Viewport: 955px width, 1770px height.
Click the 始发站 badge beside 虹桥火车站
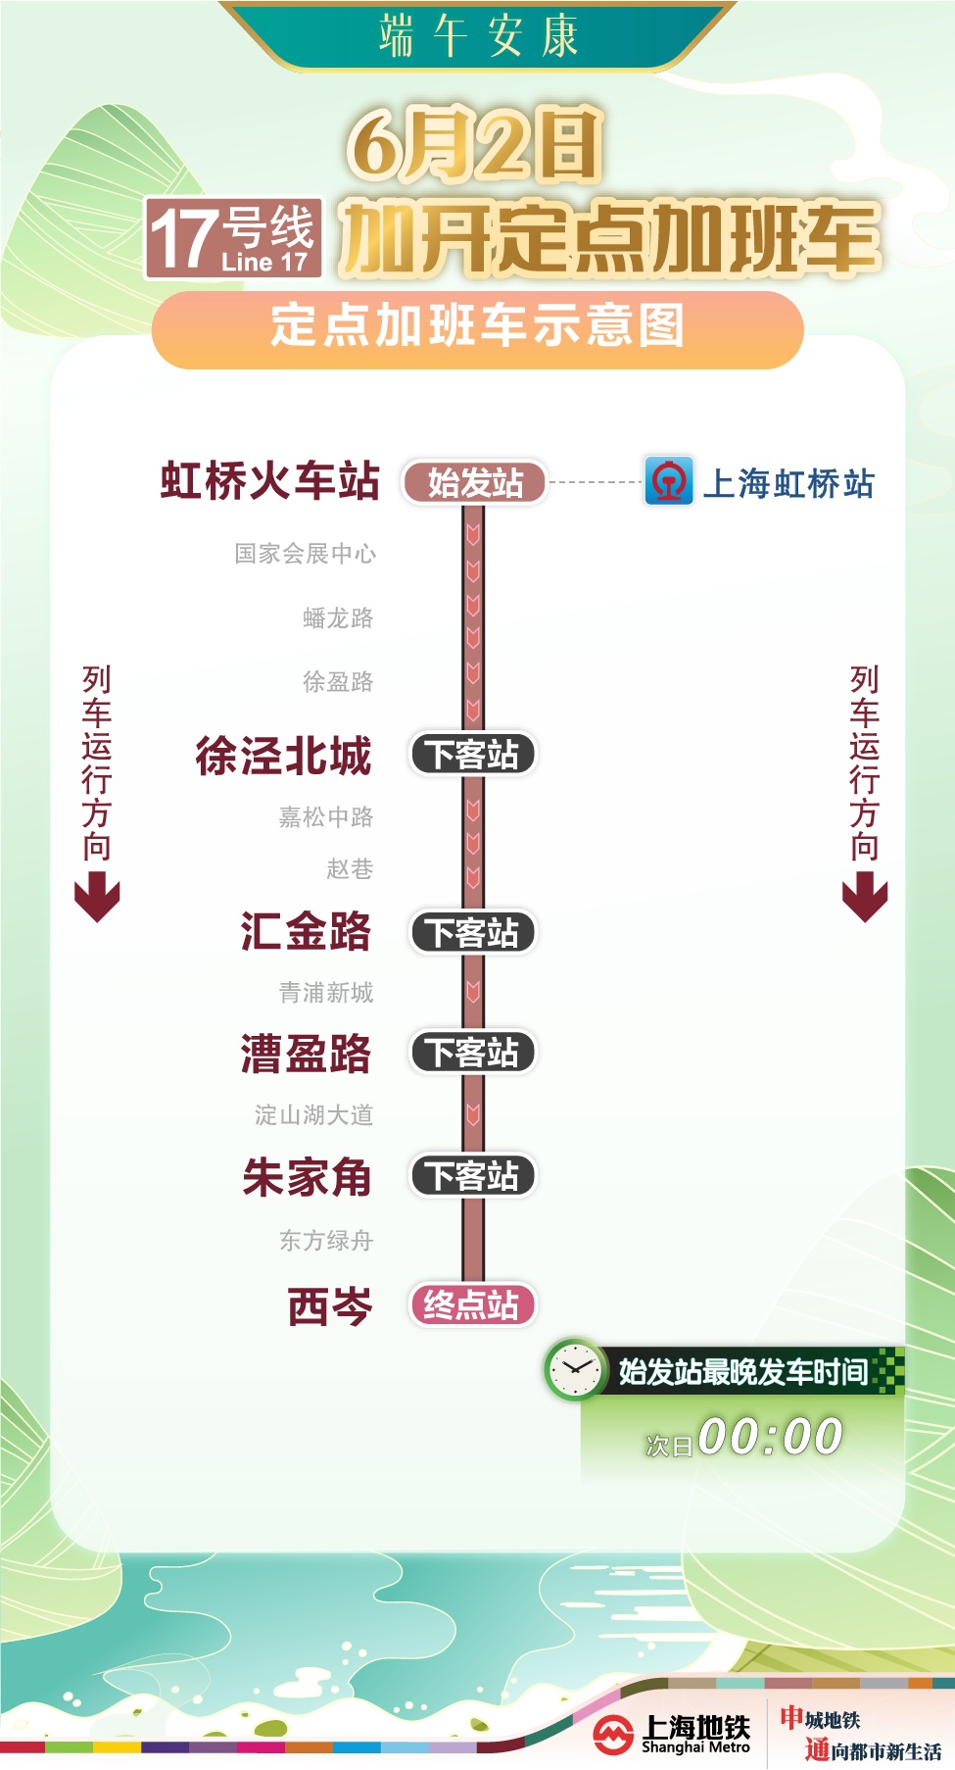click(474, 483)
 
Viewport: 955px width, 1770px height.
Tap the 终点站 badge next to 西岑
click(472, 1305)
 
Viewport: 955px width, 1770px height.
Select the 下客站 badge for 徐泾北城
click(472, 755)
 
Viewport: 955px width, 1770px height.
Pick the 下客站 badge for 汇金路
click(472, 933)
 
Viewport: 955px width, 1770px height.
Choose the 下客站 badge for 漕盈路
click(472, 1053)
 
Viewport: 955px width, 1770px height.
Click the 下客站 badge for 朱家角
click(472, 1176)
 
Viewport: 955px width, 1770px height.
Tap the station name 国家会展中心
click(306, 554)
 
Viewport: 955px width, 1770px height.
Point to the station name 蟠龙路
click(338, 618)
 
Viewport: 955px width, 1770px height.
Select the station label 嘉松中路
click(326, 816)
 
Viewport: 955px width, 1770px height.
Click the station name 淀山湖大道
click(314, 1114)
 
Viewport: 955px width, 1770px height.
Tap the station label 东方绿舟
click(326, 1241)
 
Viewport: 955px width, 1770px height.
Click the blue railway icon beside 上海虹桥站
click(669, 481)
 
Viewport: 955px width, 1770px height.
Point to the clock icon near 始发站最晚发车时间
click(575, 1369)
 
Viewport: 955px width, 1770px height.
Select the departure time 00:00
click(771, 1438)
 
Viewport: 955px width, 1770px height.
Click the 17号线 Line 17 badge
click(233, 238)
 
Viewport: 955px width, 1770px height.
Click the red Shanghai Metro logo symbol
click(613, 1735)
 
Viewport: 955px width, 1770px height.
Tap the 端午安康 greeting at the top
click(479, 36)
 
